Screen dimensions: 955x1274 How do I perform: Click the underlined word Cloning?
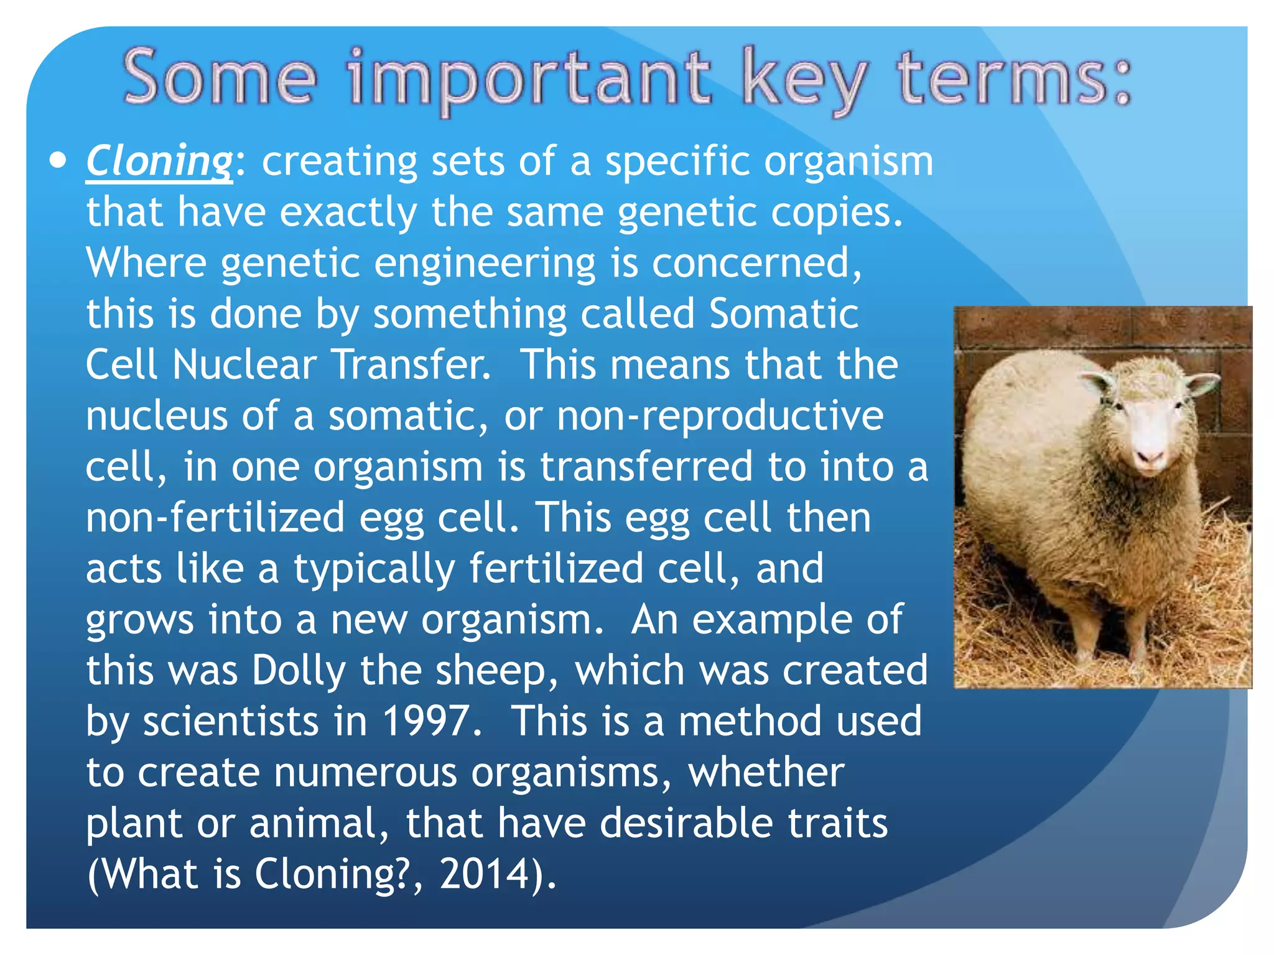tap(159, 162)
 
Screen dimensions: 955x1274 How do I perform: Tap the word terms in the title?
tap(1013, 79)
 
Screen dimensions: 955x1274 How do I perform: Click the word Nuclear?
tap(244, 364)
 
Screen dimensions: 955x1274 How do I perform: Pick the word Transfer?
tap(411, 364)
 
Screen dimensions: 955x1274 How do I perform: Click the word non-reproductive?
tap(720, 415)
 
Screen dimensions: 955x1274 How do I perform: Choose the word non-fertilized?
tap(215, 517)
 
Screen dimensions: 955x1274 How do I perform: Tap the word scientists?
tap(230, 721)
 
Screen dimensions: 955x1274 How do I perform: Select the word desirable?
tap(686, 823)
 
